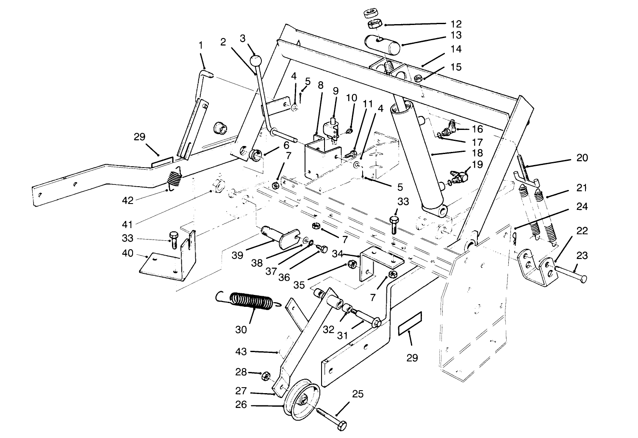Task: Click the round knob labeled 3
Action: point(255,61)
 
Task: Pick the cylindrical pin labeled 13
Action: point(382,45)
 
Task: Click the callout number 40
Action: point(128,253)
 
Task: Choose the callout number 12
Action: point(456,24)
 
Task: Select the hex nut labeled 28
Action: point(266,375)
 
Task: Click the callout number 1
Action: point(201,44)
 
